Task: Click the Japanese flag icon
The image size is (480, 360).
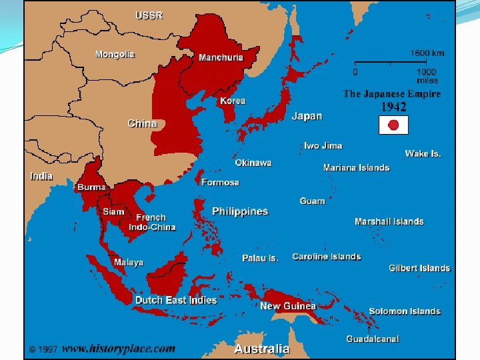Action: coord(393,125)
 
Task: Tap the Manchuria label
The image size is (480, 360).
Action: coord(221,57)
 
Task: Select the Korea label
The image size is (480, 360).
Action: coord(233,101)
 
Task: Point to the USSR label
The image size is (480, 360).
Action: coord(149,15)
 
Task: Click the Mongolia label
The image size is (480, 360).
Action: coord(115,54)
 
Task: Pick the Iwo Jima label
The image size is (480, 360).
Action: coord(323,145)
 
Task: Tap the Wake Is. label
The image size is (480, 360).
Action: coord(423,153)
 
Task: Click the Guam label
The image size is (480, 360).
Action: coord(312,201)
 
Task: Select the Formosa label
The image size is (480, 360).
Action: coord(220,182)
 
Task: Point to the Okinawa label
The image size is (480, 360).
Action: coord(253,163)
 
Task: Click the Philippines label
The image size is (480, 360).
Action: coord(240,211)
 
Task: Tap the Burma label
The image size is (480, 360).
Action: coord(91,187)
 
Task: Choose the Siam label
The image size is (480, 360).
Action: coord(113,211)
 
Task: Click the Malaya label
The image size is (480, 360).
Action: coord(128,262)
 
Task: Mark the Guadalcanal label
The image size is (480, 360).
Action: coord(372,339)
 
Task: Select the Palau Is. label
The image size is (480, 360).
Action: coord(260,258)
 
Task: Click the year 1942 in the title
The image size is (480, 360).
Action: coord(393,106)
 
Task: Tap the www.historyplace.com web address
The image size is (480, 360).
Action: coord(119,348)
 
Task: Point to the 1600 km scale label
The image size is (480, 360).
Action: coord(427,53)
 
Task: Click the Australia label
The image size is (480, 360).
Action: coord(262,349)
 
